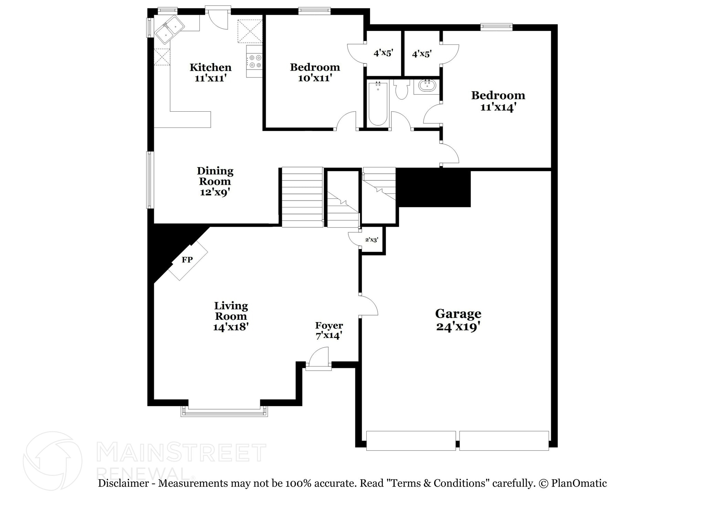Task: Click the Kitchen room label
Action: point(210,67)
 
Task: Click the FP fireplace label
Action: point(187,260)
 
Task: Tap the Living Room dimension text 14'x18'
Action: point(231,327)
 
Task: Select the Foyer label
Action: point(329,326)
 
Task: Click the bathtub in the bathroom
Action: point(378,102)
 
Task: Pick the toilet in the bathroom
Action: point(401,89)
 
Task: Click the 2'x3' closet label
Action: point(372,240)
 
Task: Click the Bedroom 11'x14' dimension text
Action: point(498,107)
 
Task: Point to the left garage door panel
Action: point(411,440)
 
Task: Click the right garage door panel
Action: point(504,440)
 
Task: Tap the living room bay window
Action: point(224,412)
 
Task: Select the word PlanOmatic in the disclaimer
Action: point(579,483)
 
